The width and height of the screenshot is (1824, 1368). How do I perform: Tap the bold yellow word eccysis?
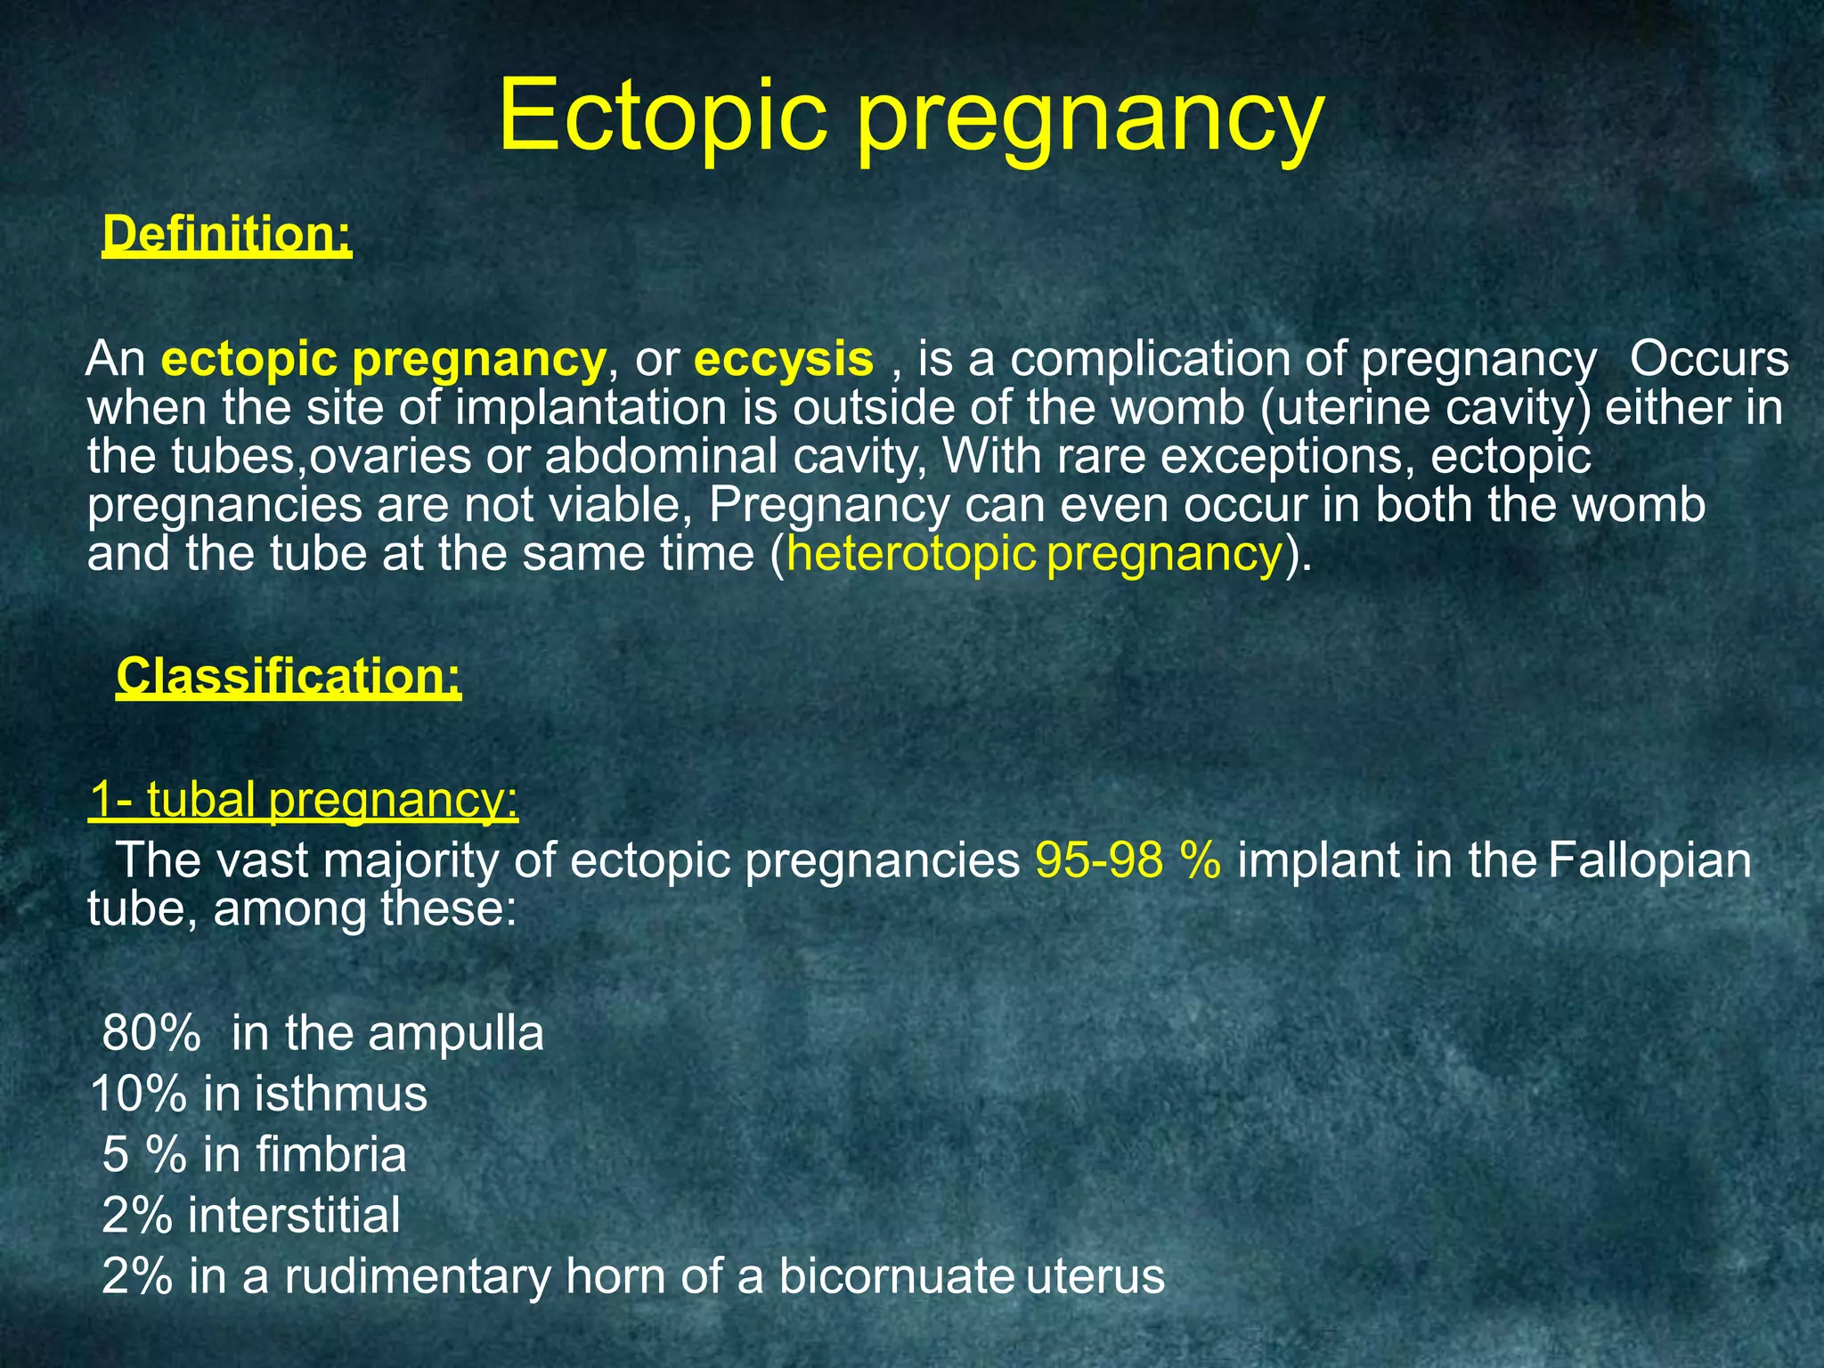[x=784, y=359]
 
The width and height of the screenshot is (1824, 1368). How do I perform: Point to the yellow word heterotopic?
[x=910, y=554]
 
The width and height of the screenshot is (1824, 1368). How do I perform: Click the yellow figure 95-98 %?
[x=1128, y=861]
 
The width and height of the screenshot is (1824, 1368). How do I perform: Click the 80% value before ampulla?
[x=151, y=1034]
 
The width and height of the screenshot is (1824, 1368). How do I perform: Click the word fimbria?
[x=331, y=1154]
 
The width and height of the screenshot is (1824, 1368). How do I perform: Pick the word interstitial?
[x=294, y=1215]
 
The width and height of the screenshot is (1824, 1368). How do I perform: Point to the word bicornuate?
[x=897, y=1275]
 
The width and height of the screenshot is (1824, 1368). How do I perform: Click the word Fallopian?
[x=1649, y=861]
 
